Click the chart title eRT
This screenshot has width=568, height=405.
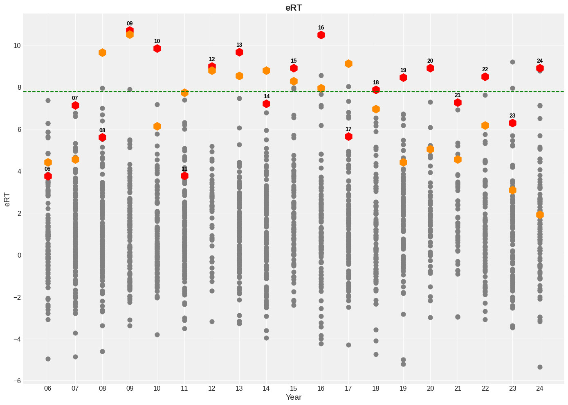click(294, 8)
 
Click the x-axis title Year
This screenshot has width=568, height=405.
click(294, 397)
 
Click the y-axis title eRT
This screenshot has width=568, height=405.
click(7, 198)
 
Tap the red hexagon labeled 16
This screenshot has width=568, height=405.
click(321, 35)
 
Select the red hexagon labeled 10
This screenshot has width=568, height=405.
click(157, 48)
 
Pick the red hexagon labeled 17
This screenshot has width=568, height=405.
click(348, 136)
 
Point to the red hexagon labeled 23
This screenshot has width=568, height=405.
click(512, 123)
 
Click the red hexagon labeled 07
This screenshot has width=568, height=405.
click(75, 105)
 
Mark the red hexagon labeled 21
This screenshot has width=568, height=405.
click(458, 102)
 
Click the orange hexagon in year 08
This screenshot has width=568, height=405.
click(102, 52)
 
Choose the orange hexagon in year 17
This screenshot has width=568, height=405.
click(348, 63)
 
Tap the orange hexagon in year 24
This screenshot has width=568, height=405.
click(540, 215)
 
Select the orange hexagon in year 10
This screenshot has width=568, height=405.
click(157, 126)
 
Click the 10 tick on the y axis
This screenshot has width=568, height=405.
click(17, 45)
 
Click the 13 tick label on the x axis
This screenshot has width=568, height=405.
click(239, 388)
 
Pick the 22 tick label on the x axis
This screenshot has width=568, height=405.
click(485, 388)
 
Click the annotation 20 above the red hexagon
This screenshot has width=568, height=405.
click(430, 61)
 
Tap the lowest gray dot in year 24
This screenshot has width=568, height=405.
click(540, 367)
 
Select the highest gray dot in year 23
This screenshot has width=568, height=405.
click(512, 62)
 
